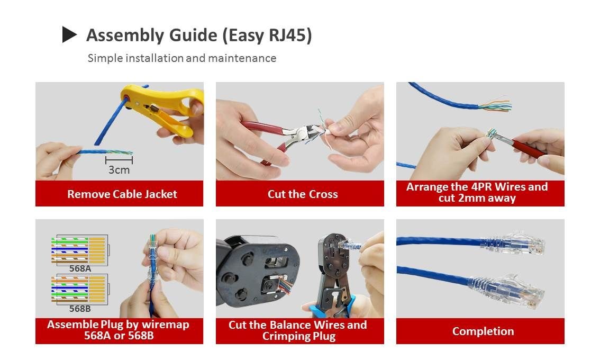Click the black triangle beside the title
69,34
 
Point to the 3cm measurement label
119,170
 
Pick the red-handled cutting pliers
259,135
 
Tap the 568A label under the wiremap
80,268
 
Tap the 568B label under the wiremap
80,309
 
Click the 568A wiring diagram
80,249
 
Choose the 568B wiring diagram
80,289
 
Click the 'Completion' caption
483,331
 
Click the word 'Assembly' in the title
125,35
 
